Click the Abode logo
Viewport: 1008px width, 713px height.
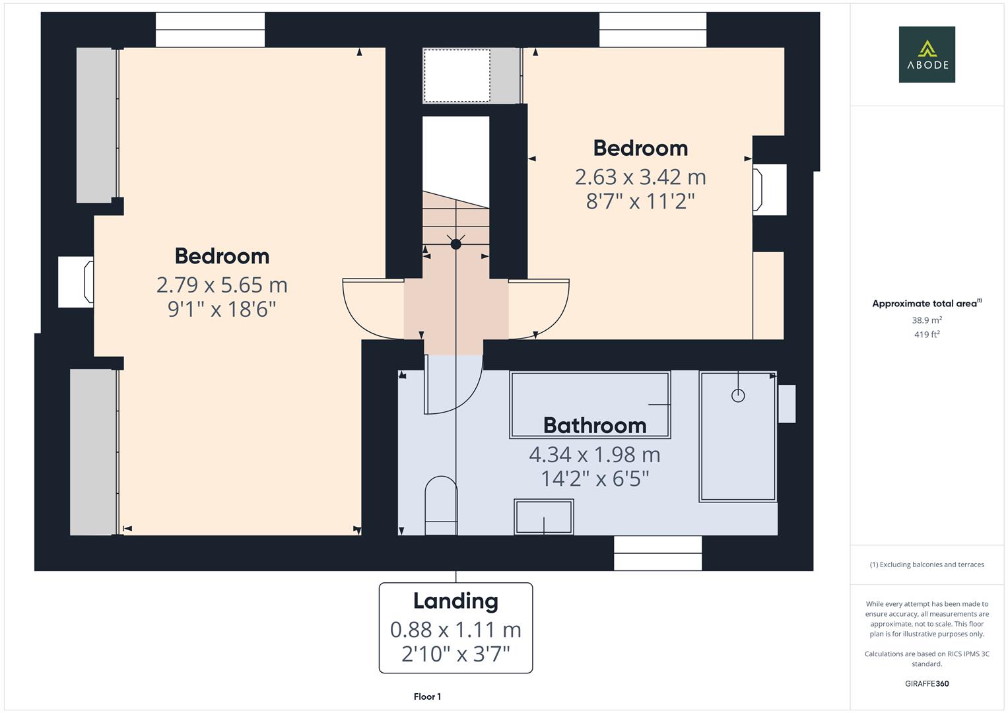pos(927,54)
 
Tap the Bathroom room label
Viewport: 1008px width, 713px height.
pos(595,426)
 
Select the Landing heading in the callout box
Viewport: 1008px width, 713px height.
pos(455,601)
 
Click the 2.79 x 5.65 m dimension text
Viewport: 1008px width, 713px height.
pos(222,285)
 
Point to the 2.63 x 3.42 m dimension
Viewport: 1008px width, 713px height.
pos(640,177)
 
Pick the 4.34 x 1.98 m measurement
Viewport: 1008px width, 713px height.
pos(595,455)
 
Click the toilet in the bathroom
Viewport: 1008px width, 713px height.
pos(441,506)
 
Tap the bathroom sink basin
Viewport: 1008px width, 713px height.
pos(544,516)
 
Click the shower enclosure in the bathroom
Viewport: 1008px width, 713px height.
pos(738,436)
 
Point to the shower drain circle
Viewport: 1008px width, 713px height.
pos(738,395)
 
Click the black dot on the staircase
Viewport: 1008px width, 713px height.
pos(455,244)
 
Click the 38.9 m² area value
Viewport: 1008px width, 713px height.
pos(927,320)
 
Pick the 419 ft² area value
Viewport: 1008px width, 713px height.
pos(927,335)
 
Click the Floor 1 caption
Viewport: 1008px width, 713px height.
pos(427,696)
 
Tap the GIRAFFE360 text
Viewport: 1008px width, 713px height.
pos(927,683)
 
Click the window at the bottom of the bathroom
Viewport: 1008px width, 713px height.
pos(657,553)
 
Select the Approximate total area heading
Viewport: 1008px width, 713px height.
pos(925,304)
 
